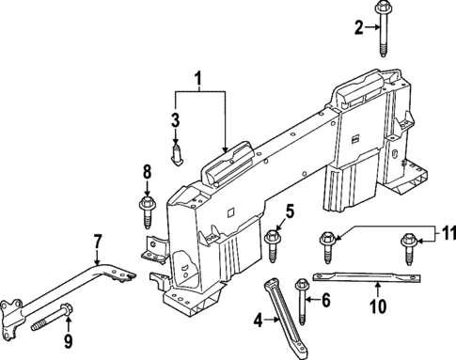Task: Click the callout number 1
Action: (x=197, y=77)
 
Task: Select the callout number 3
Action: (x=175, y=119)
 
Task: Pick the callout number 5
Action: (x=291, y=211)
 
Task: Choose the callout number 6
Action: (x=326, y=301)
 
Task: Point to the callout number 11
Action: (x=448, y=232)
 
